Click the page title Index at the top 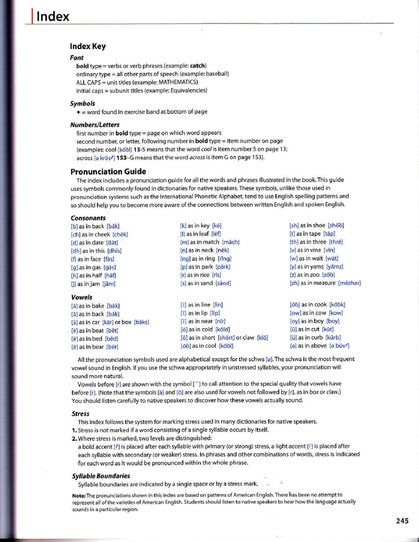pyautogui.click(x=53, y=16)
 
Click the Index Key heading pyautogui.click(x=88, y=46)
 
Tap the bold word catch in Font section pyautogui.click(x=198, y=66)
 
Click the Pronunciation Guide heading pyautogui.click(x=108, y=172)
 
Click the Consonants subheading pyautogui.click(x=88, y=218)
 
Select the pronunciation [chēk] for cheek pyautogui.click(x=120, y=235)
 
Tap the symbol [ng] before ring pyautogui.click(x=185, y=259)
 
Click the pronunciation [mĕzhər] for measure pyautogui.click(x=349, y=283)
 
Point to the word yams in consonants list pyautogui.click(x=317, y=267)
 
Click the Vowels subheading pyautogui.click(x=82, y=297)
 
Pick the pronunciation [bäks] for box pyautogui.click(x=141, y=322)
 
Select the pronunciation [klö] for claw pyautogui.click(x=262, y=338)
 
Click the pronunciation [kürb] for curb pyautogui.click(x=333, y=338)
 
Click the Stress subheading pyautogui.click(x=80, y=414)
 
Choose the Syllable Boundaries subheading pyautogui.click(x=101, y=476)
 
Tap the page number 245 pyautogui.click(x=402, y=521)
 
